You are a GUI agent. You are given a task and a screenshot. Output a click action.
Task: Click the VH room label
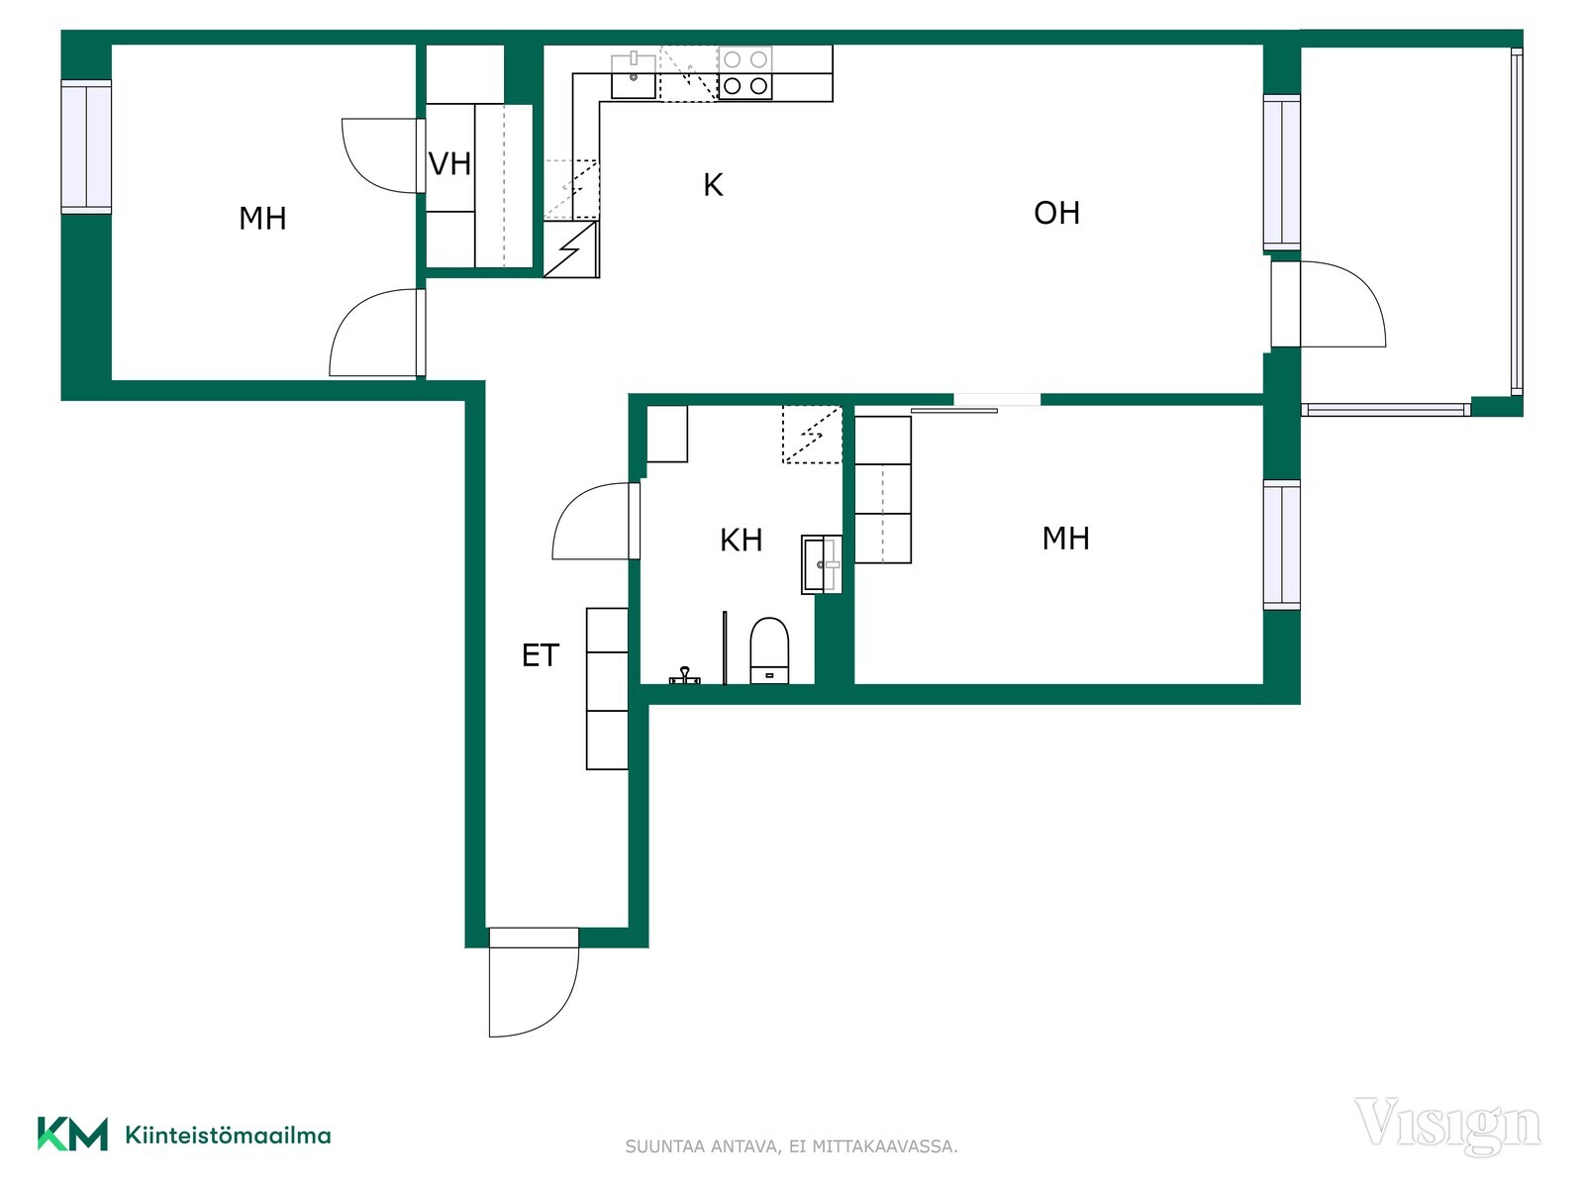[x=449, y=164]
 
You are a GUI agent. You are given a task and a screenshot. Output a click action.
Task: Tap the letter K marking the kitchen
[x=713, y=185]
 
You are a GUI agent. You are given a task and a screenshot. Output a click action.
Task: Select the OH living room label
[x=1056, y=213]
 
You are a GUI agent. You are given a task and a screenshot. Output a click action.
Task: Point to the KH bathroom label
[x=742, y=541]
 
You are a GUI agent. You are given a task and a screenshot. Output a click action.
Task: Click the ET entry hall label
[x=540, y=655]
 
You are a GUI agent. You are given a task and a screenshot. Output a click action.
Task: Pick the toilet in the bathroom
[x=770, y=649]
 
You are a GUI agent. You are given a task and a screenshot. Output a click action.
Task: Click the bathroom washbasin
[x=822, y=564]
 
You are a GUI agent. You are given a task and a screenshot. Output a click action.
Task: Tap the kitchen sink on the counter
[x=634, y=75]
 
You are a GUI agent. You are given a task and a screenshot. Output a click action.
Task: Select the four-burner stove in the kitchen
[x=744, y=73]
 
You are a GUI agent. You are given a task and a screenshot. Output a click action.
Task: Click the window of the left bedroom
[x=86, y=147]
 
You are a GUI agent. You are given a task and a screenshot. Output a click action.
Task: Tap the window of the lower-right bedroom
[x=1282, y=545]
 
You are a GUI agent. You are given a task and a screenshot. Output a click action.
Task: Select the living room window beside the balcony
[x=1282, y=172]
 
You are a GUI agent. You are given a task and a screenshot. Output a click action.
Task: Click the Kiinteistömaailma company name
[x=228, y=1137]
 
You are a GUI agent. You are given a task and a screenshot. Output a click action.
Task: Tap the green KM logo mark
[x=72, y=1135]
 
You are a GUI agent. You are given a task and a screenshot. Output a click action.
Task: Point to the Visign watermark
[x=1447, y=1126]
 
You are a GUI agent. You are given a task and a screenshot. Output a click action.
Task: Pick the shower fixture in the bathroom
[x=684, y=676]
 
